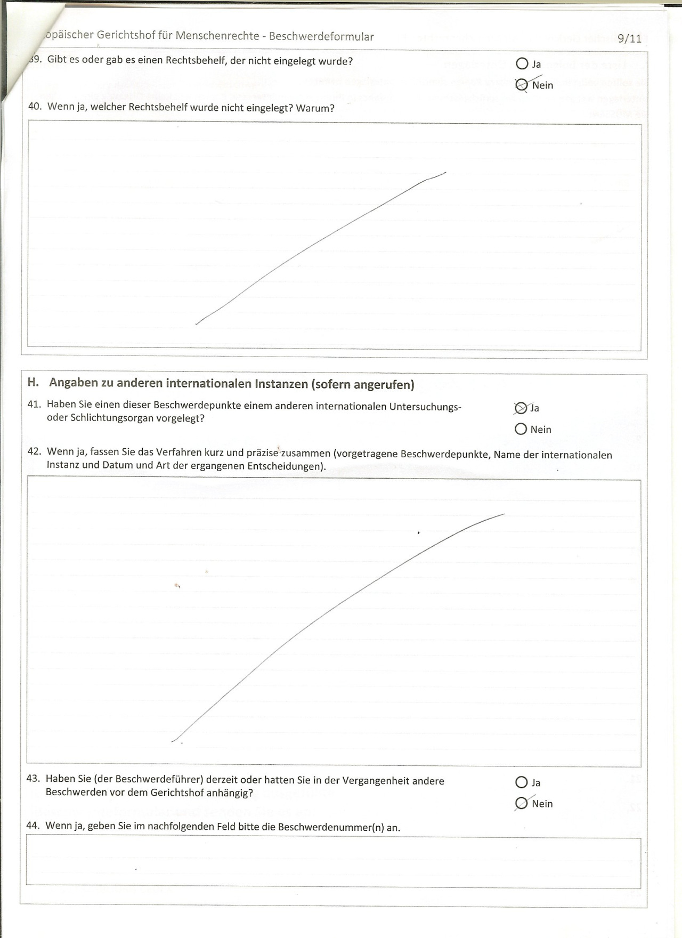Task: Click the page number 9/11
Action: click(629, 38)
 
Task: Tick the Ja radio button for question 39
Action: click(522, 64)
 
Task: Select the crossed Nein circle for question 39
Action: click(522, 85)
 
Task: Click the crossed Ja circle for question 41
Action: click(520, 408)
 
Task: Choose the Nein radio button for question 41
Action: click(521, 429)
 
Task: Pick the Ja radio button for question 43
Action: click(521, 782)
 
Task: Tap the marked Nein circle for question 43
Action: click(521, 803)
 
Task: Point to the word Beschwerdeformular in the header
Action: click(321, 37)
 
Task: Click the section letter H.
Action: click(33, 383)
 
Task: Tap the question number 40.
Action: click(34, 107)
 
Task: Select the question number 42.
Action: click(34, 451)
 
